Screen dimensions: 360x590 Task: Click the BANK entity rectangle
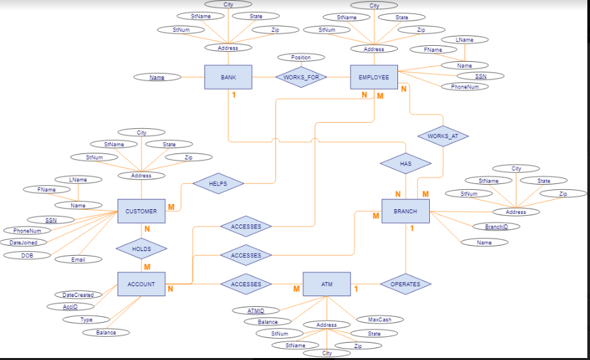228,77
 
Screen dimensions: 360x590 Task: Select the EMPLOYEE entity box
374,77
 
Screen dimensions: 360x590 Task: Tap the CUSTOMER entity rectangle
141,211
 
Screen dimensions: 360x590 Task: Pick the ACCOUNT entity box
141,284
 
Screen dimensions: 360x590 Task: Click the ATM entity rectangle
326,284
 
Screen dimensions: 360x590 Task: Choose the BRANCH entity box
405,211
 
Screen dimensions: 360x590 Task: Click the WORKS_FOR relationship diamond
301,77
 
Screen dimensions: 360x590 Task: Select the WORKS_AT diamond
442,136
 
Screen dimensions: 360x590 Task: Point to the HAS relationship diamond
405,163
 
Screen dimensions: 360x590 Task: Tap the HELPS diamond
218,183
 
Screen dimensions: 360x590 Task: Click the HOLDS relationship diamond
141,249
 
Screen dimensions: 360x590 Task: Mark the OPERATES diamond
405,284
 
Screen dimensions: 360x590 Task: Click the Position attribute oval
301,58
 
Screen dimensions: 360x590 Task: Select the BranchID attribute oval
496,226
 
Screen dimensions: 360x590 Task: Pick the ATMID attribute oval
256,310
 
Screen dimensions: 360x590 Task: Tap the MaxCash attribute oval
379,319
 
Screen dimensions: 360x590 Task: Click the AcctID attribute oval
70,306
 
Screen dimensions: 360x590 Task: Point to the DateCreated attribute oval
78,295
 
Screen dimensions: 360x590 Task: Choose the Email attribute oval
78,259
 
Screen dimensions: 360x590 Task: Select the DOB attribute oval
27,255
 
